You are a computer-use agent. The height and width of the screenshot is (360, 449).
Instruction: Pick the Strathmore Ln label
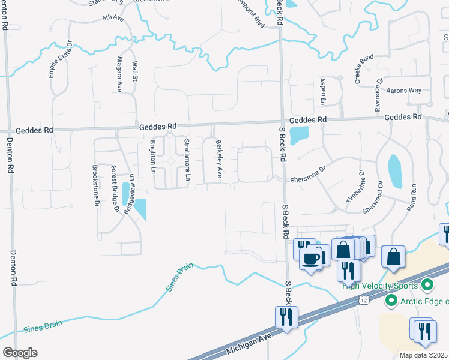187,160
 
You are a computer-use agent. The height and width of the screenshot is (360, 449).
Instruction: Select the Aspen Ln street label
322,89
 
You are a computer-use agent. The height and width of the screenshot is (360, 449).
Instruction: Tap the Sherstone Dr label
307,170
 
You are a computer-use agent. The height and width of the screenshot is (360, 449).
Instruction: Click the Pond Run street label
412,197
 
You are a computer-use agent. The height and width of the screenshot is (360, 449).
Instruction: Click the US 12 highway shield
364,300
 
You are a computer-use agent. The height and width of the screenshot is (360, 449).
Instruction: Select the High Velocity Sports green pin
427,284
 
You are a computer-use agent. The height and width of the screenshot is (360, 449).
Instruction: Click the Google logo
20,353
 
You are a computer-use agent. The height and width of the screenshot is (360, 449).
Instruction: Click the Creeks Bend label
364,69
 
